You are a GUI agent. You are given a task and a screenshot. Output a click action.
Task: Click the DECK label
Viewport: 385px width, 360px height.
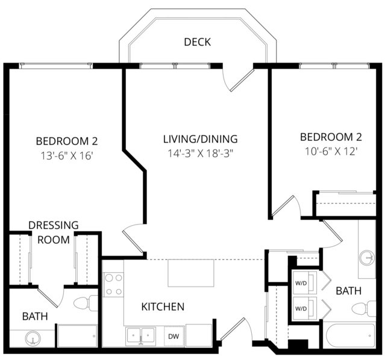(x=198, y=42)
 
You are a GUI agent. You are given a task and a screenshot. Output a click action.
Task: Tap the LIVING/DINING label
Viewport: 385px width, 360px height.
(x=201, y=139)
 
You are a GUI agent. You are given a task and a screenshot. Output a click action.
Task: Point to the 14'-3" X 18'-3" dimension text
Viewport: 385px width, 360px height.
(x=200, y=154)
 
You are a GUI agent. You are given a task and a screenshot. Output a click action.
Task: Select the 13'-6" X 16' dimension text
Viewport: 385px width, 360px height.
(x=66, y=155)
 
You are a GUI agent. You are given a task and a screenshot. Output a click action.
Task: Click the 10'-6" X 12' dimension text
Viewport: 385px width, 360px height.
(x=331, y=152)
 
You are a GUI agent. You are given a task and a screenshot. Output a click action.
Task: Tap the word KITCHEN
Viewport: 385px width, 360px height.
(x=163, y=307)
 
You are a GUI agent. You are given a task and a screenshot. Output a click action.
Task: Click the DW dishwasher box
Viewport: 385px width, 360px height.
(x=174, y=336)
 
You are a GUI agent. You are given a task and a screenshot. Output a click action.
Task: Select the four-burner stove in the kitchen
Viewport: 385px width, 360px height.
(x=113, y=285)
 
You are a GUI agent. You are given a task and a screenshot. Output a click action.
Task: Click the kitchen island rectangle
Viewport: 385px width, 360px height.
(x=191, y=273)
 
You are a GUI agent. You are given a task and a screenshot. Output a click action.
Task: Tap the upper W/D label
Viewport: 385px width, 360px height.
(x=301, y=283)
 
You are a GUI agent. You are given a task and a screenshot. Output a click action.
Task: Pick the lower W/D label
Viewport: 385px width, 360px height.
(x=301, y=309)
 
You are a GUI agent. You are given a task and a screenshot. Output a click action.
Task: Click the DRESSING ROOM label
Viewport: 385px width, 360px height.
(x=54, y=232)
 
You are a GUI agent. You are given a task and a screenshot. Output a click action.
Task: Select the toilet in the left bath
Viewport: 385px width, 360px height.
(x=86, y=303)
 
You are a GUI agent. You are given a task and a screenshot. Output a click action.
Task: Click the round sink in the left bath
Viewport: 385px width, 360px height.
(x=33, y=339)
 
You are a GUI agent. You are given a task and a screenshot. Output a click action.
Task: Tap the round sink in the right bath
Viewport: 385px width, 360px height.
(x=368, y=258)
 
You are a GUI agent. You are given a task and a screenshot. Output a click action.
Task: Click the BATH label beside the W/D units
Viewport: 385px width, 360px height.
(x=349, y=291)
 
